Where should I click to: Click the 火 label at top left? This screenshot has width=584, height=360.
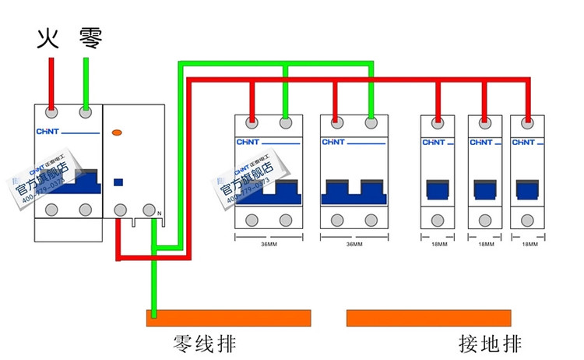(x=49, y=37)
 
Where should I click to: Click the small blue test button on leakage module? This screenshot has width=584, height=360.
(x=118, y=182)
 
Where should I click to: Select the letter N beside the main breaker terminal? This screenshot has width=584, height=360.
(x=159, y=214)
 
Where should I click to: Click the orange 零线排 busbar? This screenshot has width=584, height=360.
(x=228, y=318)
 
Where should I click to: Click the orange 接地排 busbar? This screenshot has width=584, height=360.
(x=429, y=318)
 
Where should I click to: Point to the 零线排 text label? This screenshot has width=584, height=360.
(x=204, y=344)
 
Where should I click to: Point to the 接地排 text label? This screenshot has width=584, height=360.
(x=490, y=344)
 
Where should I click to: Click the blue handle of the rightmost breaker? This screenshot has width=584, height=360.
(x=529, y=190)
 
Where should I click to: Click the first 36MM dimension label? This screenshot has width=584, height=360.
(x=268, y=244)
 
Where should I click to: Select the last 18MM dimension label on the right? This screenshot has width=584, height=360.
(x=529, y=244)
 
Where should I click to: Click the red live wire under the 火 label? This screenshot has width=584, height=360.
(x=51, y=82)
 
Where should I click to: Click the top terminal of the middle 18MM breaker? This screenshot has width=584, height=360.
(x=484, y=122)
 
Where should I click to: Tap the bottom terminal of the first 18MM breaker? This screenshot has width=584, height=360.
(x=438, y=221)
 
